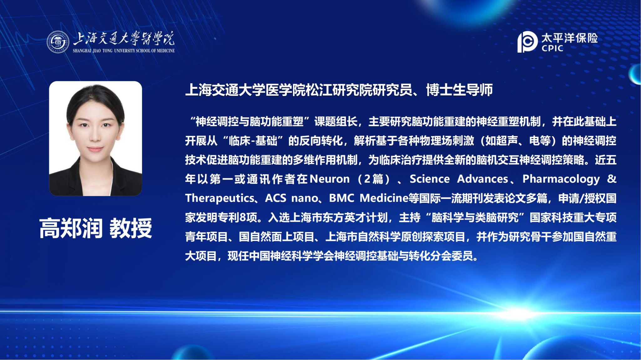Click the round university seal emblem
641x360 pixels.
(x=58, y=42)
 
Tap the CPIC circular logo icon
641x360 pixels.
(x=527, y=42)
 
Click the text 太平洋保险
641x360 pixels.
(x=570, y=38)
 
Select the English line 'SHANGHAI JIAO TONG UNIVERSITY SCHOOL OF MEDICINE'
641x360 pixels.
(x=124, y=51)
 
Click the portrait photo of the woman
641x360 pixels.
(x=95, y=139)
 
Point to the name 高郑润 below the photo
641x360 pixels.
(x=71, y=228)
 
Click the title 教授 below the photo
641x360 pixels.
(x=131, y=228)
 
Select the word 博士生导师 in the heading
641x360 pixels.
(x=459, y=90)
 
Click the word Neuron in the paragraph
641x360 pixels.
(x=329, y=179)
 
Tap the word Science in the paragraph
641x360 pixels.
(x=430, y=179)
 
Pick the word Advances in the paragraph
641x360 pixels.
(x=483, y=179)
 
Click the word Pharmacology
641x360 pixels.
(x=561, y=179)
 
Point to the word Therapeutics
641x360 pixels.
(x=220, y=198)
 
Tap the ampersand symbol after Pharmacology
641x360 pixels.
(x=612, y=179)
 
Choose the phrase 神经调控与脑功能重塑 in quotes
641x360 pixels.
(x=249, y=122)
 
